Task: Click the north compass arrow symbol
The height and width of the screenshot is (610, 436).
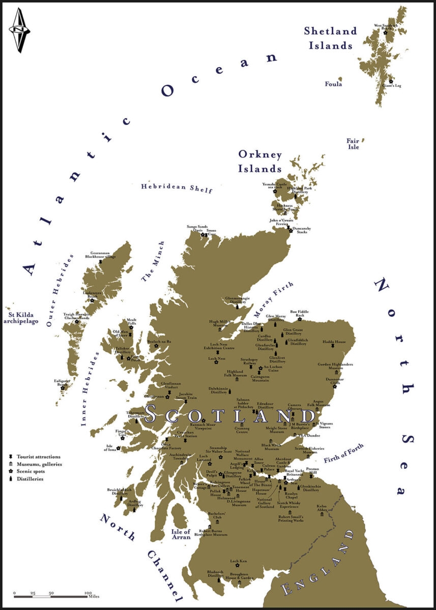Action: [x=19, y=30]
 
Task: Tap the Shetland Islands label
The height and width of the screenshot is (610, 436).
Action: [x=330, y=38]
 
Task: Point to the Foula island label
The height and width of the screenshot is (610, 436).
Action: [x=334, y=84]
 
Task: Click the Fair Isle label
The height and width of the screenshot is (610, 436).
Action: [x=353, y=144]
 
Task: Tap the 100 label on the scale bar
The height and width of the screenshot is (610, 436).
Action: [x=88, y=593]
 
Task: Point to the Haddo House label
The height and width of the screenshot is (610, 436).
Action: [x=334, y=342]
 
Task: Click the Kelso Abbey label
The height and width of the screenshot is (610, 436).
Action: [x=322, y=509]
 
